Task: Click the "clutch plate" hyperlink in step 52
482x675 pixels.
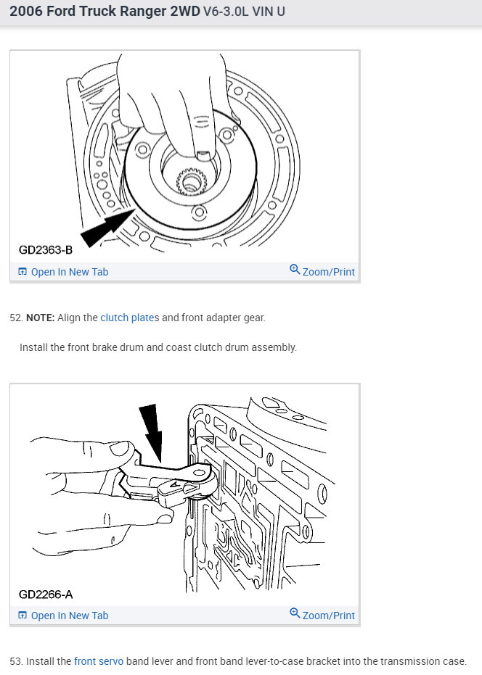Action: pos(127,318)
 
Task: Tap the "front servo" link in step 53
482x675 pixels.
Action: pos(99,660)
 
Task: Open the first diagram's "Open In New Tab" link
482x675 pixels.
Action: pos(63,272)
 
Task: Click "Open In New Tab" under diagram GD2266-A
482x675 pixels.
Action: pos(63,615)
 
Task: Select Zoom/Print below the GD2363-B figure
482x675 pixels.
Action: pos(322,271)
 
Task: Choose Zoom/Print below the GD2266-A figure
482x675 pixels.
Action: pos(322,615)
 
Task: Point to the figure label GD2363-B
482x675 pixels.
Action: pos(46,249)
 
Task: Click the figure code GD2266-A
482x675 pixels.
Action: pos(46,595)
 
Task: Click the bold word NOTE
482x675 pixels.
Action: pos(41,318)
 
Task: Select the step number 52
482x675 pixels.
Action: pos(16,318)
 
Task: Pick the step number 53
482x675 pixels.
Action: pos(16,660)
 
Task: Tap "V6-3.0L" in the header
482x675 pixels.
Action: pos(226,11)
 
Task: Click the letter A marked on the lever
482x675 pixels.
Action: pos(175,485)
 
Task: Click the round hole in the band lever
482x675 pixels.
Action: pos(198,473)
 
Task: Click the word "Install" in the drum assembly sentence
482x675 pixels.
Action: pos(33,347)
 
